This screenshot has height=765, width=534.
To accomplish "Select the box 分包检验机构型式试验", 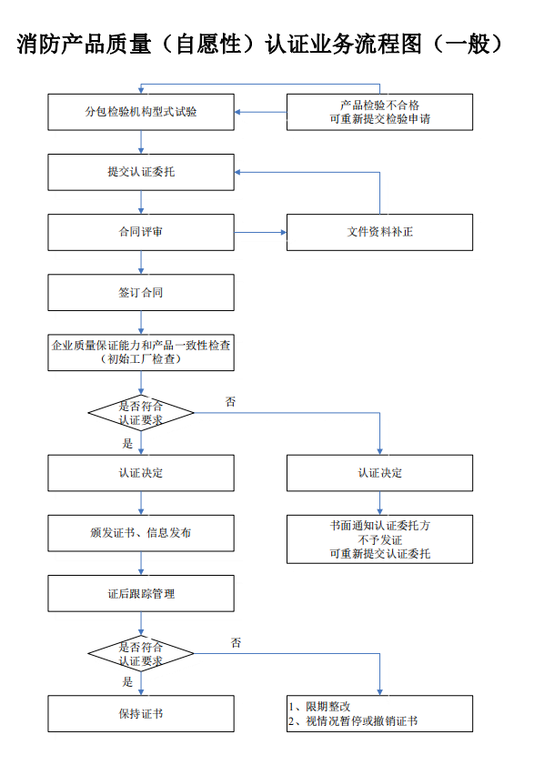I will pos(141,112).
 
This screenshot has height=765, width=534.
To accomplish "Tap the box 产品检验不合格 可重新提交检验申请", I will pos(379,112).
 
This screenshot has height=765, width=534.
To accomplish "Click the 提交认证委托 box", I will pos(141,172).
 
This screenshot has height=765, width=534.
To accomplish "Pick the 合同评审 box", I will pos(141,232).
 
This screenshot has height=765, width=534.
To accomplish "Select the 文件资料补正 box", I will pos(379,232).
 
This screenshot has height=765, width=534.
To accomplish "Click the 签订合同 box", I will pos(141,293).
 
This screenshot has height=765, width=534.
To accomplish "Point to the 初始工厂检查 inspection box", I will pos(141,352).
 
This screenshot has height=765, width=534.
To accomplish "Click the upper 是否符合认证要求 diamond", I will pos(141,413).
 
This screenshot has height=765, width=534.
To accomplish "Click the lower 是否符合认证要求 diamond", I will pos(141,653).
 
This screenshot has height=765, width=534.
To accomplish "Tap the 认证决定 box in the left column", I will pos(141,473).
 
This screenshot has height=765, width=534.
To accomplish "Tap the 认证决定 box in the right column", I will pos(379,473).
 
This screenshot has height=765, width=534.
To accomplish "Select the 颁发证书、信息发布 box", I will pos(141,533).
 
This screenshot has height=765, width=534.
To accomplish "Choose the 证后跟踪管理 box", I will pos(141,593).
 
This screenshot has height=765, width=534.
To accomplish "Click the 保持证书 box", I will pos(141,713).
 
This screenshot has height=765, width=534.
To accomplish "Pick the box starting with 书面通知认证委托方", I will pos(379,539).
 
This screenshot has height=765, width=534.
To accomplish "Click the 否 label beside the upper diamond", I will pos(230,401).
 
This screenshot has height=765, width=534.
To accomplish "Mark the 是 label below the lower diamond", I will pos(127,681).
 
